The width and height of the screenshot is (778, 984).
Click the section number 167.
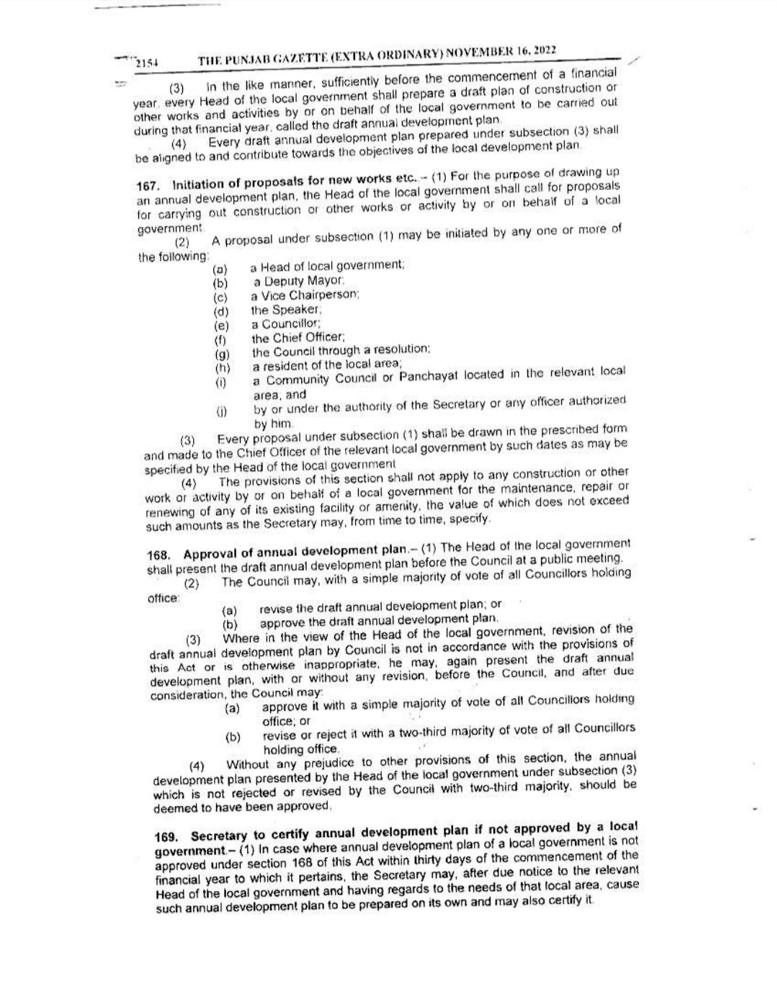tap(147, 185)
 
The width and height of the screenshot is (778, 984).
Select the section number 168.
tap(158, 555)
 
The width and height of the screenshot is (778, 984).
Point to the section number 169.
tap(166, 837)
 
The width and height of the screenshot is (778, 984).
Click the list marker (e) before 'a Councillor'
tap(221, 325)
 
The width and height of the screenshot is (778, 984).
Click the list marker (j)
tap(222, 411)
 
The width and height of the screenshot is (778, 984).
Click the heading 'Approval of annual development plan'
tap(295, 552)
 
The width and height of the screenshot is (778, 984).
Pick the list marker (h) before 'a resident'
tap(223, 367)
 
